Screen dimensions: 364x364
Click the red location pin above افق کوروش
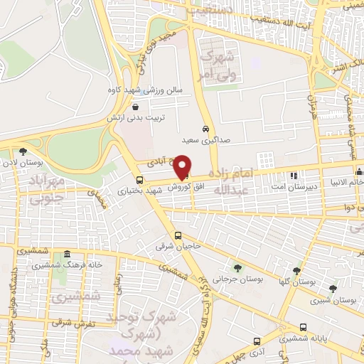(x=183, y=166)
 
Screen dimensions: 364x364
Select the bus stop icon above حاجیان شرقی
(x=178, y=236)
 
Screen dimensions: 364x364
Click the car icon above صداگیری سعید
(x=205, y=130)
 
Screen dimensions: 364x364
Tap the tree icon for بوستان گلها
(x=297, y=271)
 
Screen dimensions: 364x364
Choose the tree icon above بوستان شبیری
(x=333, y=288)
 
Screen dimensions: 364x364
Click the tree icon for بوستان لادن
(x=23, y=151)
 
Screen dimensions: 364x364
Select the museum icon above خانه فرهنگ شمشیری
(x=67, y=254)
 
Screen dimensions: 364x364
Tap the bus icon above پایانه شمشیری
(x=304, y=328)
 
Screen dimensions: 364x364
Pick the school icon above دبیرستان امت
(x=293, y=175)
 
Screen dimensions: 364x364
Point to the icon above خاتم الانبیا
(x=359, y=171)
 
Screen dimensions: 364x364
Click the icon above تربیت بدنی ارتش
(x=134, y=107)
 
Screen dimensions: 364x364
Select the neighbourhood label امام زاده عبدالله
(x=250, y=182)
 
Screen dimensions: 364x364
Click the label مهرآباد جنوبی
(x=47, y=188)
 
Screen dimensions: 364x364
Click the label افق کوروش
(x=183, y=186)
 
